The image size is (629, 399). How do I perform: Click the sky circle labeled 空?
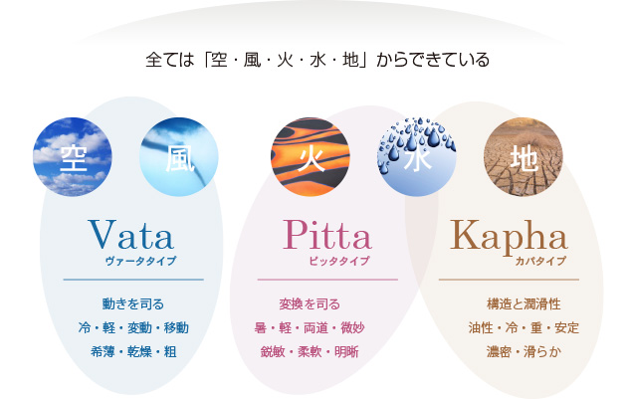73,157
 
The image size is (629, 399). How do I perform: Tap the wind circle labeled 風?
179,157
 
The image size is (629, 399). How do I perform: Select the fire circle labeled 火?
311,157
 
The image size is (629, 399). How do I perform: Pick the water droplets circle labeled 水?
417,157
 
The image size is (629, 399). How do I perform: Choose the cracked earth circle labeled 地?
524,157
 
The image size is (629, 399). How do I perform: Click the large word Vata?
130,235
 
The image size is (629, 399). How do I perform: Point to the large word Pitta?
327,235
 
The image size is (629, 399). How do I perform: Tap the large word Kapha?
509,238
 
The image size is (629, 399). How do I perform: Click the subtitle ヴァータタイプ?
140,261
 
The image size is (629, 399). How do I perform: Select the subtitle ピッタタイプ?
339,261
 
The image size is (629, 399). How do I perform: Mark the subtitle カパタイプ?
540,261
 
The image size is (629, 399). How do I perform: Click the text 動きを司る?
133,303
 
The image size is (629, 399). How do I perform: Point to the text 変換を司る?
310,303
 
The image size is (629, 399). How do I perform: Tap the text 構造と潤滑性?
524,303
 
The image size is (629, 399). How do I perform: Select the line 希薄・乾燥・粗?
133,351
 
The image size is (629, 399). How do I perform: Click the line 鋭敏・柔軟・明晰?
310,351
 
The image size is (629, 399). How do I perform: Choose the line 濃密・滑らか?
524,351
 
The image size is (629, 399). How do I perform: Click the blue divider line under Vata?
133,280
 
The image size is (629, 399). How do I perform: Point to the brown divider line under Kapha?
509,280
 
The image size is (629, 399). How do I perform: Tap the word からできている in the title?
433,60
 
